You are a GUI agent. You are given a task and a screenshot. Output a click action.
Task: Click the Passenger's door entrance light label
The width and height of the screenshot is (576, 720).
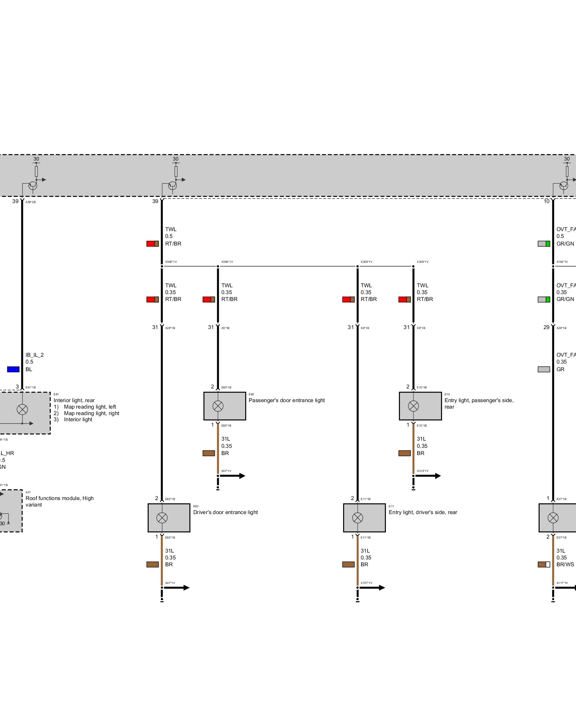click(287, 400)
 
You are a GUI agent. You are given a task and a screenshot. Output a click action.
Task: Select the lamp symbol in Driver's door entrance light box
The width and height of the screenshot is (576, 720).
click(162, 518)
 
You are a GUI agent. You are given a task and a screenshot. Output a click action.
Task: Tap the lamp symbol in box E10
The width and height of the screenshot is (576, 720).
click(413, 406)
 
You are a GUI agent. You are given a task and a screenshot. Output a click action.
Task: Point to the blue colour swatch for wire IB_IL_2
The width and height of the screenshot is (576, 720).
click(13, 369)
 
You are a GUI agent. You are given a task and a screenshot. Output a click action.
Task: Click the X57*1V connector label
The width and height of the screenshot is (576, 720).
click(226, 471)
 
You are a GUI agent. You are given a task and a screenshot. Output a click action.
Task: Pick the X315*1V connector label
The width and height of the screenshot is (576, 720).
click(423, 471)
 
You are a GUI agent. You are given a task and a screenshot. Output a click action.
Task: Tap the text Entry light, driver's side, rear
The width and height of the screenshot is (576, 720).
click(423, 512)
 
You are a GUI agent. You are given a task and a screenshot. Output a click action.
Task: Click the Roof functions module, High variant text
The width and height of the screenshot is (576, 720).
click(59, 501)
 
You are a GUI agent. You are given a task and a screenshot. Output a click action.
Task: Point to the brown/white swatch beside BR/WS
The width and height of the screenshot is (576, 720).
click(544, 564)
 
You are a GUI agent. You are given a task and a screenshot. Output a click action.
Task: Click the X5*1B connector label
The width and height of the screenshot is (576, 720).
click(225, 328)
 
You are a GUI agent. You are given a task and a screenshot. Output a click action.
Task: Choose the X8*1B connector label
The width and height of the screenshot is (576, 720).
click(365, 328)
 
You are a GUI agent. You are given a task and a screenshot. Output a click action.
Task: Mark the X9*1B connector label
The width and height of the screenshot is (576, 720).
click(421, 328)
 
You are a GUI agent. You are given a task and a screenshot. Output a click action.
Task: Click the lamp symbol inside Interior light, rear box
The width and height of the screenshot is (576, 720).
click(22, 409)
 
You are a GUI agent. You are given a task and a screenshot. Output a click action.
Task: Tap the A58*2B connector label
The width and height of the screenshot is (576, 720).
click(31, 202)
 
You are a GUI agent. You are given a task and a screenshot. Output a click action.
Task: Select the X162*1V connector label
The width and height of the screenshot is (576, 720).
click(562, 262)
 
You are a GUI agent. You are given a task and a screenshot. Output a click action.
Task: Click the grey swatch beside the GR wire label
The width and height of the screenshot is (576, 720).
click(544, 369)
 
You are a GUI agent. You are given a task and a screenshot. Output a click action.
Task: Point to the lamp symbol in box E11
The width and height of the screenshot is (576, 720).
click(357, 518)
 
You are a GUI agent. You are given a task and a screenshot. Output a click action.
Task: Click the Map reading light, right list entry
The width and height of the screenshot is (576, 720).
click(91, 413)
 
